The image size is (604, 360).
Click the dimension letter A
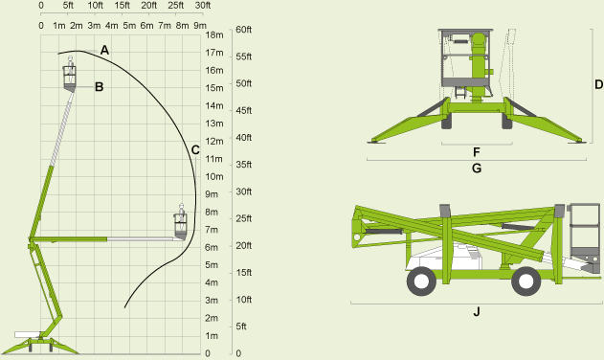click(104, 49)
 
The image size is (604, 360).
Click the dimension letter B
click(99, 87)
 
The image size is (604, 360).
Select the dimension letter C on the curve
click(195, 149)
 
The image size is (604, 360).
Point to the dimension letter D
click(598, 84)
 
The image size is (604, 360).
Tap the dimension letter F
click(476, 151)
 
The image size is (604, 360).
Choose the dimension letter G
click(476, 169)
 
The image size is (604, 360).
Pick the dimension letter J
click(476, 311)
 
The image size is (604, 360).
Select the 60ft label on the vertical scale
click(243, 30)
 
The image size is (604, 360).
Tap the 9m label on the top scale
click(199, 25)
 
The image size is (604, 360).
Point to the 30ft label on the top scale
click(202, 6)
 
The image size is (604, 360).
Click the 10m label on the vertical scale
click(214, 176)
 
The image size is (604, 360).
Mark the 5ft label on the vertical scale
click(241, 327)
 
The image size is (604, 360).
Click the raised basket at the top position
click(70, 75)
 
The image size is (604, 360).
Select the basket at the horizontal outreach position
click(180, 224)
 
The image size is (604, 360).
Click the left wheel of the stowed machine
click(419, 281)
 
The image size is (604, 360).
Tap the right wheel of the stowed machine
click(524, 281)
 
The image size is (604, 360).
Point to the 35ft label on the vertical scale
click(243, 165)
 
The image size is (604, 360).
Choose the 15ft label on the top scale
click(122, 6)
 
